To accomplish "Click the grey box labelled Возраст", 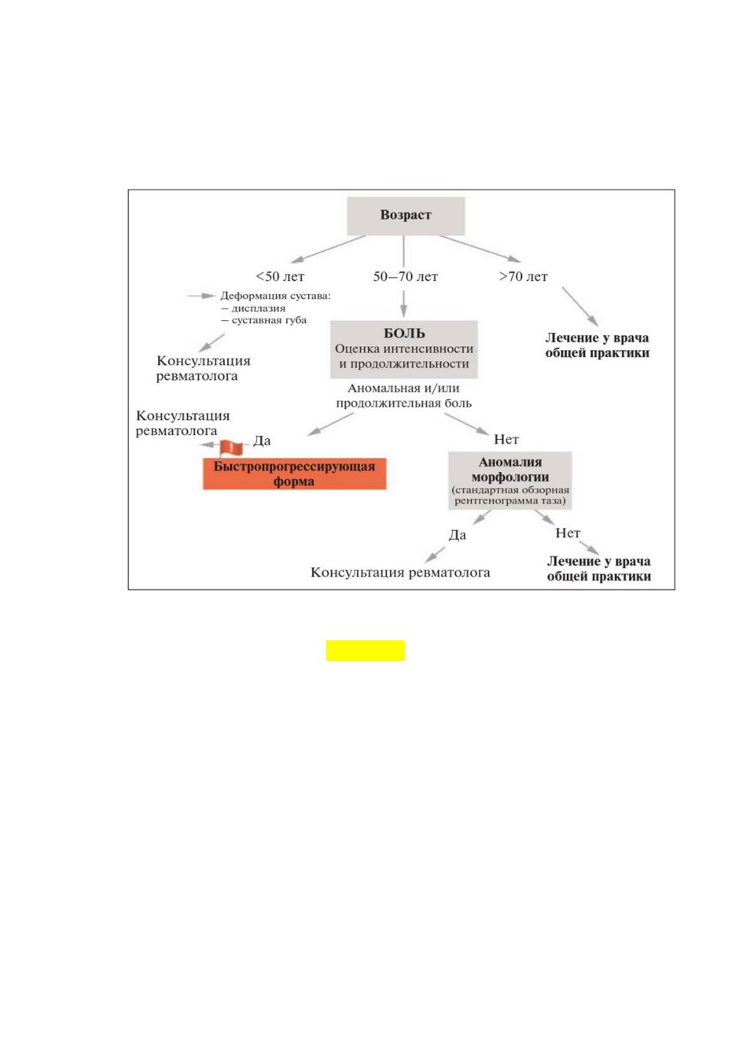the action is point(406,216).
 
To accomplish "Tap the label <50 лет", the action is point(280,276).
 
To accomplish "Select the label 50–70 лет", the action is point(405,276).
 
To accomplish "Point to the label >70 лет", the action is point(523,276).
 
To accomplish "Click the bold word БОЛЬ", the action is point(404,334).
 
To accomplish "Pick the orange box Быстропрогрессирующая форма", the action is point(294,474).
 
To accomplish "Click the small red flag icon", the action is point(230,447).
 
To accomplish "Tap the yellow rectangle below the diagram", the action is point(366,651).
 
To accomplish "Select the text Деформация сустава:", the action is point(275,296).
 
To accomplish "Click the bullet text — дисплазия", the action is point(253,308).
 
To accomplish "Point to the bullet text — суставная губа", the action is point(263,320).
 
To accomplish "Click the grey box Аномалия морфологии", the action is point(509,481).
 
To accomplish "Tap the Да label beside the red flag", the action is point(262,441).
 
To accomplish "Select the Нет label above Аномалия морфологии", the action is point(506,440).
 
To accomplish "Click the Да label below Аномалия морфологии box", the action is point(458,535).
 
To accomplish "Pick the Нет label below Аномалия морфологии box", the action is point(568,533).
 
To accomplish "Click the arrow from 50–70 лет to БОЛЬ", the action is point(403,304).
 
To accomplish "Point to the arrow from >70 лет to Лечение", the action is point(580,306).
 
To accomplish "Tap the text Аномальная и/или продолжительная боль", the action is point(403,396).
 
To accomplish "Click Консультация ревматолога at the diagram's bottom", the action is point(400,573).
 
